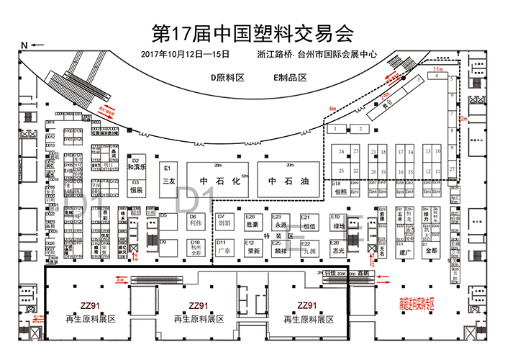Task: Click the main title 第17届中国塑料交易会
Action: click(x=252, y=32)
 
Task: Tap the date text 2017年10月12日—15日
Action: click(x=186, y=54)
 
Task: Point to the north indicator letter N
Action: click(x=24, y=45)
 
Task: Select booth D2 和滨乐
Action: click(x=136, y=164)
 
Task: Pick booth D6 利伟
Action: click(x=194, y=221)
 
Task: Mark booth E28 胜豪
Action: click(x=252, y=221)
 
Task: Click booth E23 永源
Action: click(x=280, y=221)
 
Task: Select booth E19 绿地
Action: click(x=338, y=221)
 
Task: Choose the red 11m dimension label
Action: click(x=437, y=69)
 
